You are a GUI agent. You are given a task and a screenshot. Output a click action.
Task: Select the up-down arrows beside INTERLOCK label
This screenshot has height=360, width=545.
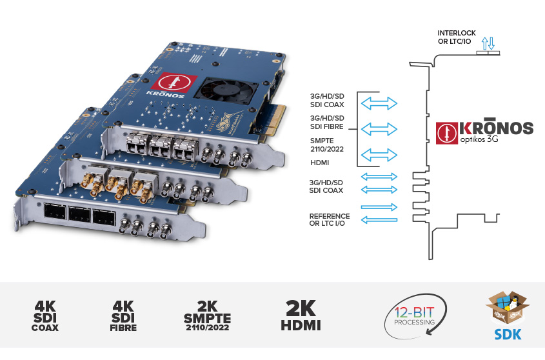coord(488,43)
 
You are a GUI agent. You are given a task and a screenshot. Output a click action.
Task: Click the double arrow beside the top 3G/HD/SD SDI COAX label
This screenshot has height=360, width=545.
coord(379,102)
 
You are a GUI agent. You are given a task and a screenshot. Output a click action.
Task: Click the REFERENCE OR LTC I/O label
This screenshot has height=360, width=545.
coord(330,219)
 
